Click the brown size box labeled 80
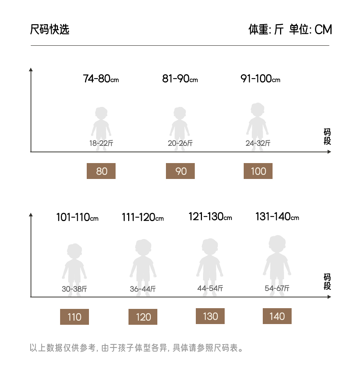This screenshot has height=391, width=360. [101, 171]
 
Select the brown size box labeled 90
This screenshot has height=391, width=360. [180, 171]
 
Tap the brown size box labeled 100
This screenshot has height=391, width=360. [258, 171]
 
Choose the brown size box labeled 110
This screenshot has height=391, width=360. [75, 317]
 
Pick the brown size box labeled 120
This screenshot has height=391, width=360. [143, 317]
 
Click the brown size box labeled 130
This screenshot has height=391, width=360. [210, 316]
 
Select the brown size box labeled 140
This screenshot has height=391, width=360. [277, 316]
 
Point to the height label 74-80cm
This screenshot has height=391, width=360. [101, 78]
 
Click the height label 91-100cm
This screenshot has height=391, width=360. [260, 78]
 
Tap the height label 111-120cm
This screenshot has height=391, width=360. [143, 217]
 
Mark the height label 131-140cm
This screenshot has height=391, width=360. [277, 217]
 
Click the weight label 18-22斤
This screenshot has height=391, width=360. [101, 143]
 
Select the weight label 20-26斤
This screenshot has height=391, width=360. [180, 143]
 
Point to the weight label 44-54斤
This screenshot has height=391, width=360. [210, 288]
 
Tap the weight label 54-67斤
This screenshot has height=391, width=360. [277, 288]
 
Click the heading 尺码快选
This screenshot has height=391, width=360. [50, 29]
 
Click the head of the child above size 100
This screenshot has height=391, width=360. [258, 109]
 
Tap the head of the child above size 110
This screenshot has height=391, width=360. [75, 250]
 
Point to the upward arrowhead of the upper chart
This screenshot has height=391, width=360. [31, 69]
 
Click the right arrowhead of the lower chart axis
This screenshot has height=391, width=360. [329, 297]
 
